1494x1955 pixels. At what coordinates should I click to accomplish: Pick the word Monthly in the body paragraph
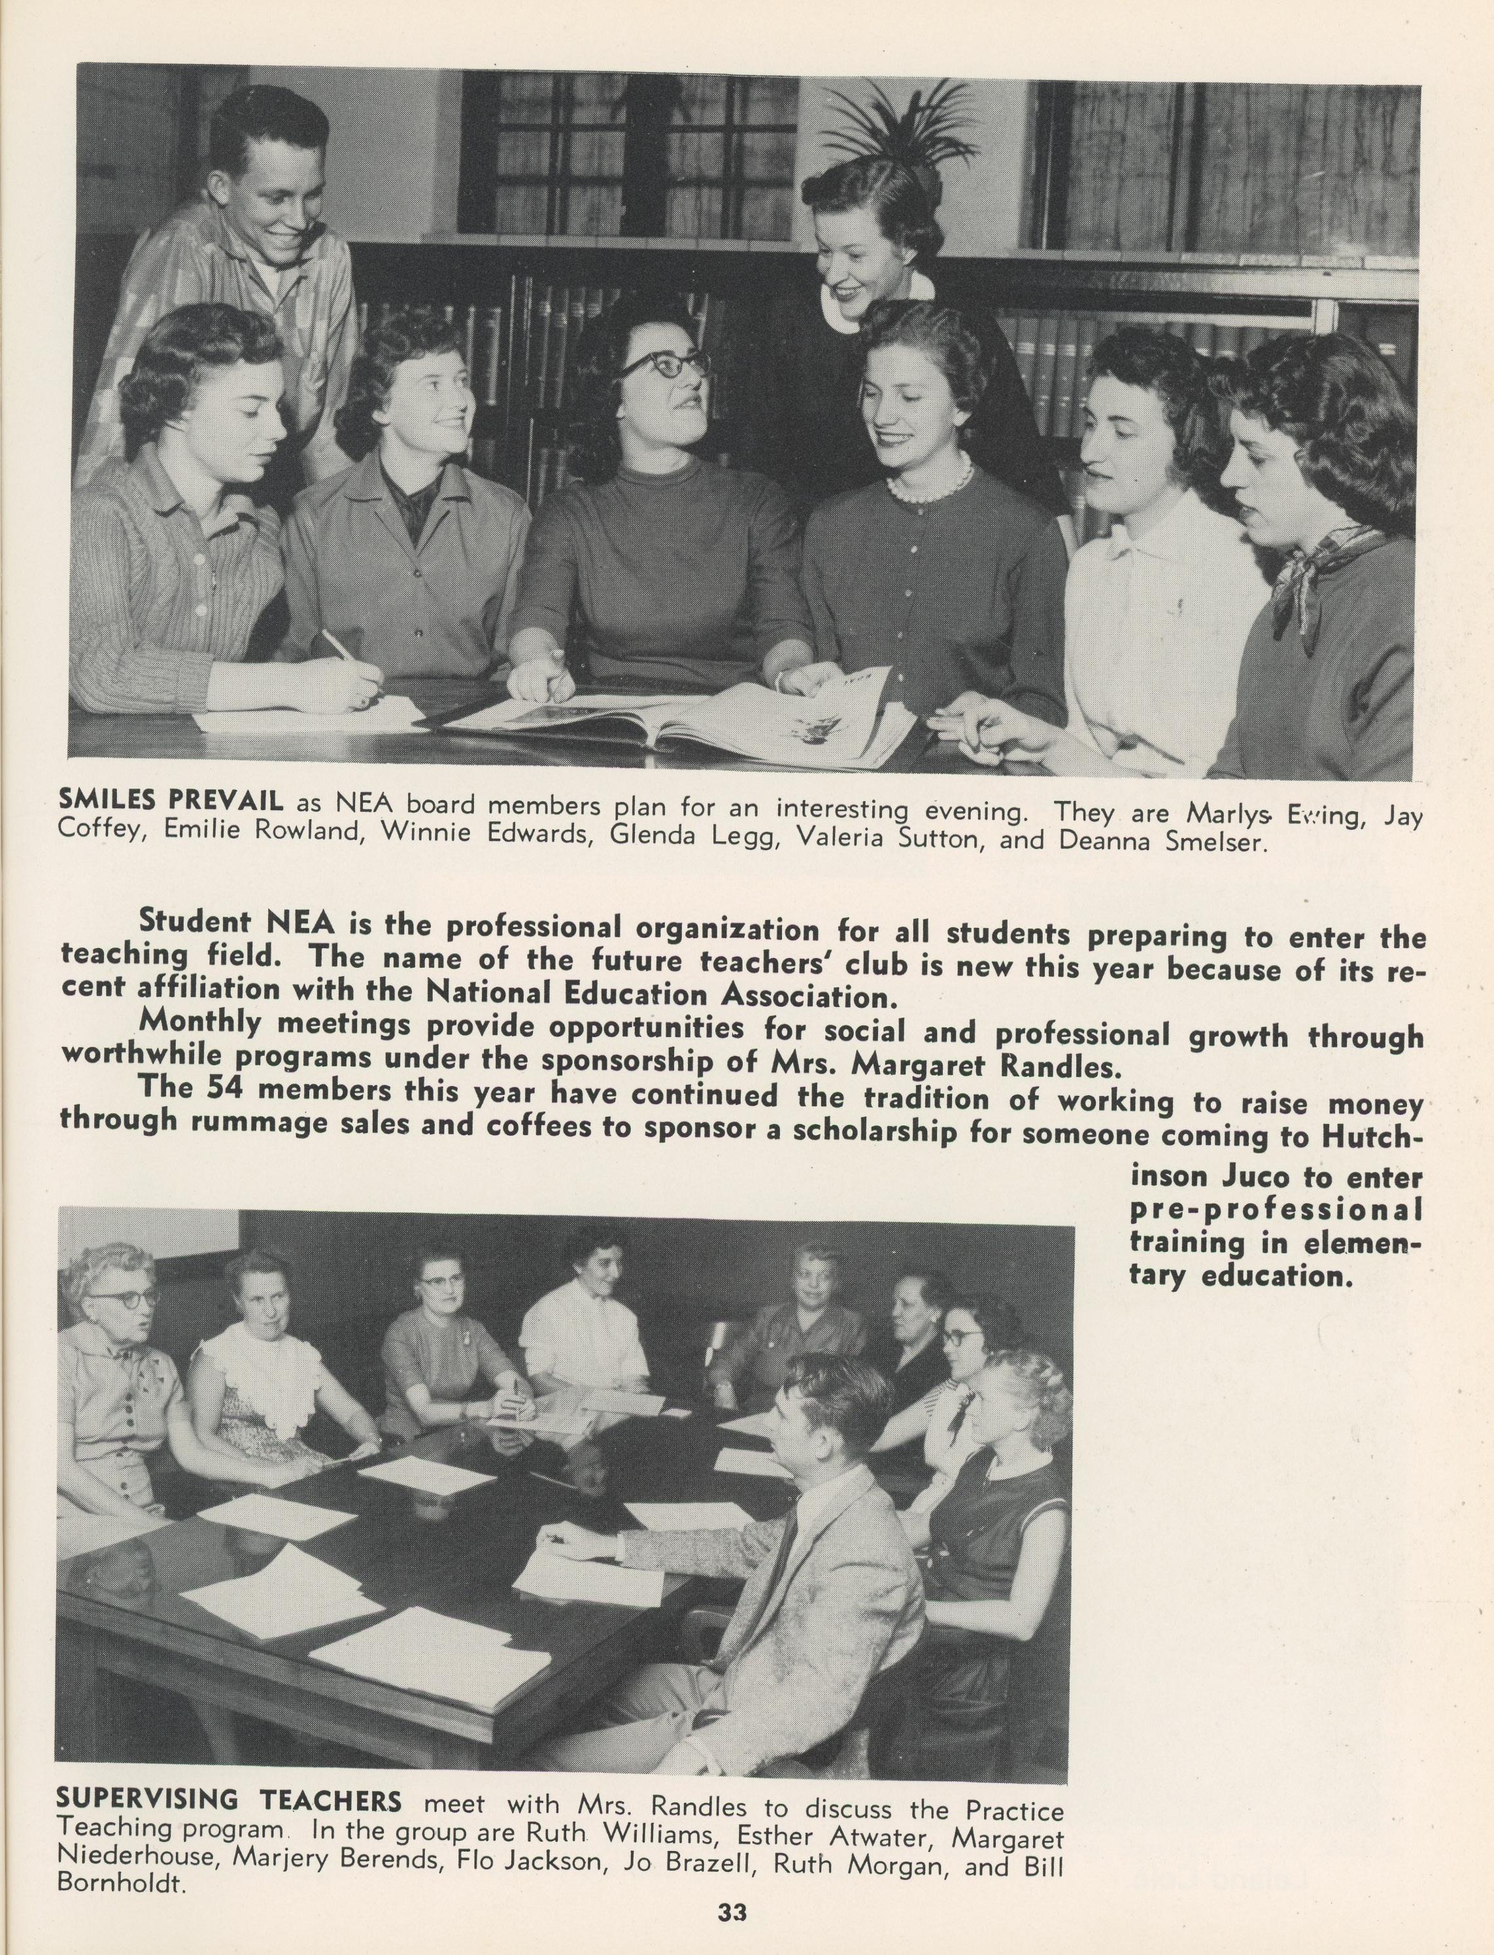[x=200, y=1022]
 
